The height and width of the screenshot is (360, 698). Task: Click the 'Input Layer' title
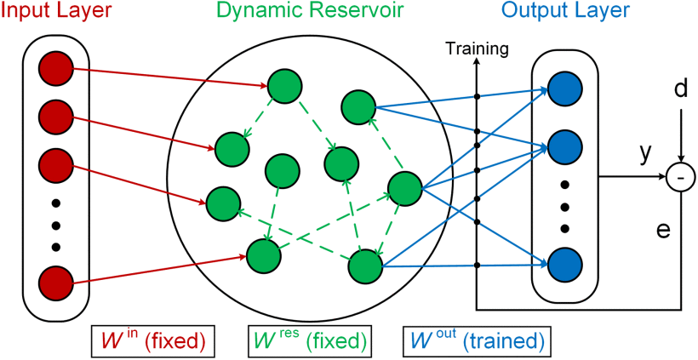click(56, 12)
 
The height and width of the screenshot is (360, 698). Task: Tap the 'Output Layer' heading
click(565, 12)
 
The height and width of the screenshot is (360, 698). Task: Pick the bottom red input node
click(56, 282)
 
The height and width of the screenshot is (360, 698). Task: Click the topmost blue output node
click(565, 89)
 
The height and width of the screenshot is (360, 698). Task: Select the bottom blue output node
click(565, 265)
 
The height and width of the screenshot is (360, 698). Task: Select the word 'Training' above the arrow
click(478, 49)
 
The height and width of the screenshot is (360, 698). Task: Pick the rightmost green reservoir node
click(404, 188)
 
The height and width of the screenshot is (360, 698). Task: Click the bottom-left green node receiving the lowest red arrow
click(263, 254)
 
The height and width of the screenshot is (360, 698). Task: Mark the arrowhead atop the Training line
click(478, 60)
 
